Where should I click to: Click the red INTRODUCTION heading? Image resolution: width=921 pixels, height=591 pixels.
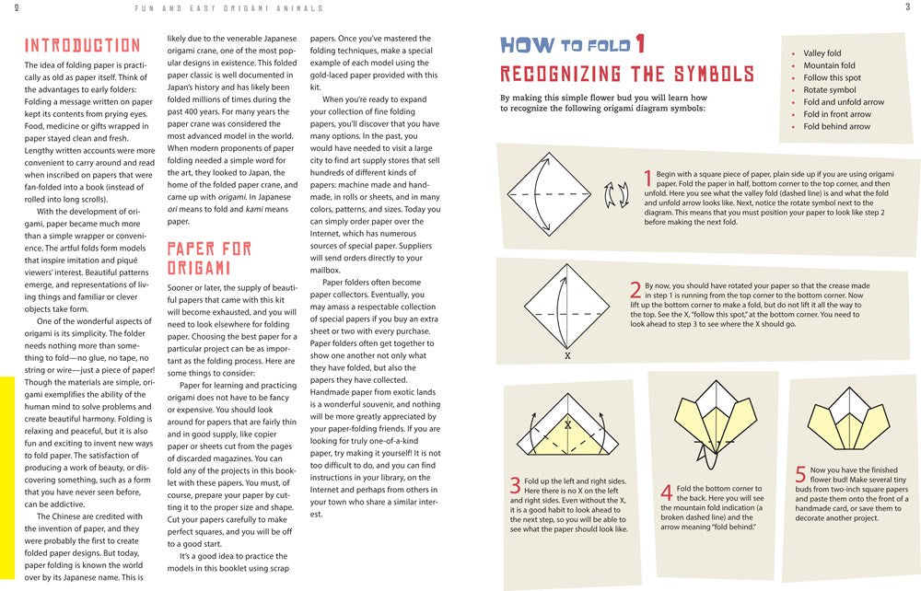coord(82,45)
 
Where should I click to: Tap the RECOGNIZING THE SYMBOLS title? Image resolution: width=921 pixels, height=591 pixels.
coord(626,75)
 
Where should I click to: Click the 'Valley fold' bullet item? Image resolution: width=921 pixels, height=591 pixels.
coord(822,53)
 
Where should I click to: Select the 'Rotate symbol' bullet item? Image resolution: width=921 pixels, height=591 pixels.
coord(829,90)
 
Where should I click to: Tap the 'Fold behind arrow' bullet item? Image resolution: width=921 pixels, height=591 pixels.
coord(836,126)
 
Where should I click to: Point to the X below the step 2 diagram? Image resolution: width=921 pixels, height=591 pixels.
coord(567,355)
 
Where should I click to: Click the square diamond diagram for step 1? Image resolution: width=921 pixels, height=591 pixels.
coord(549,195)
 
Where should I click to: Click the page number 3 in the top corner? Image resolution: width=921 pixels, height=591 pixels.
coord(907,8)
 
